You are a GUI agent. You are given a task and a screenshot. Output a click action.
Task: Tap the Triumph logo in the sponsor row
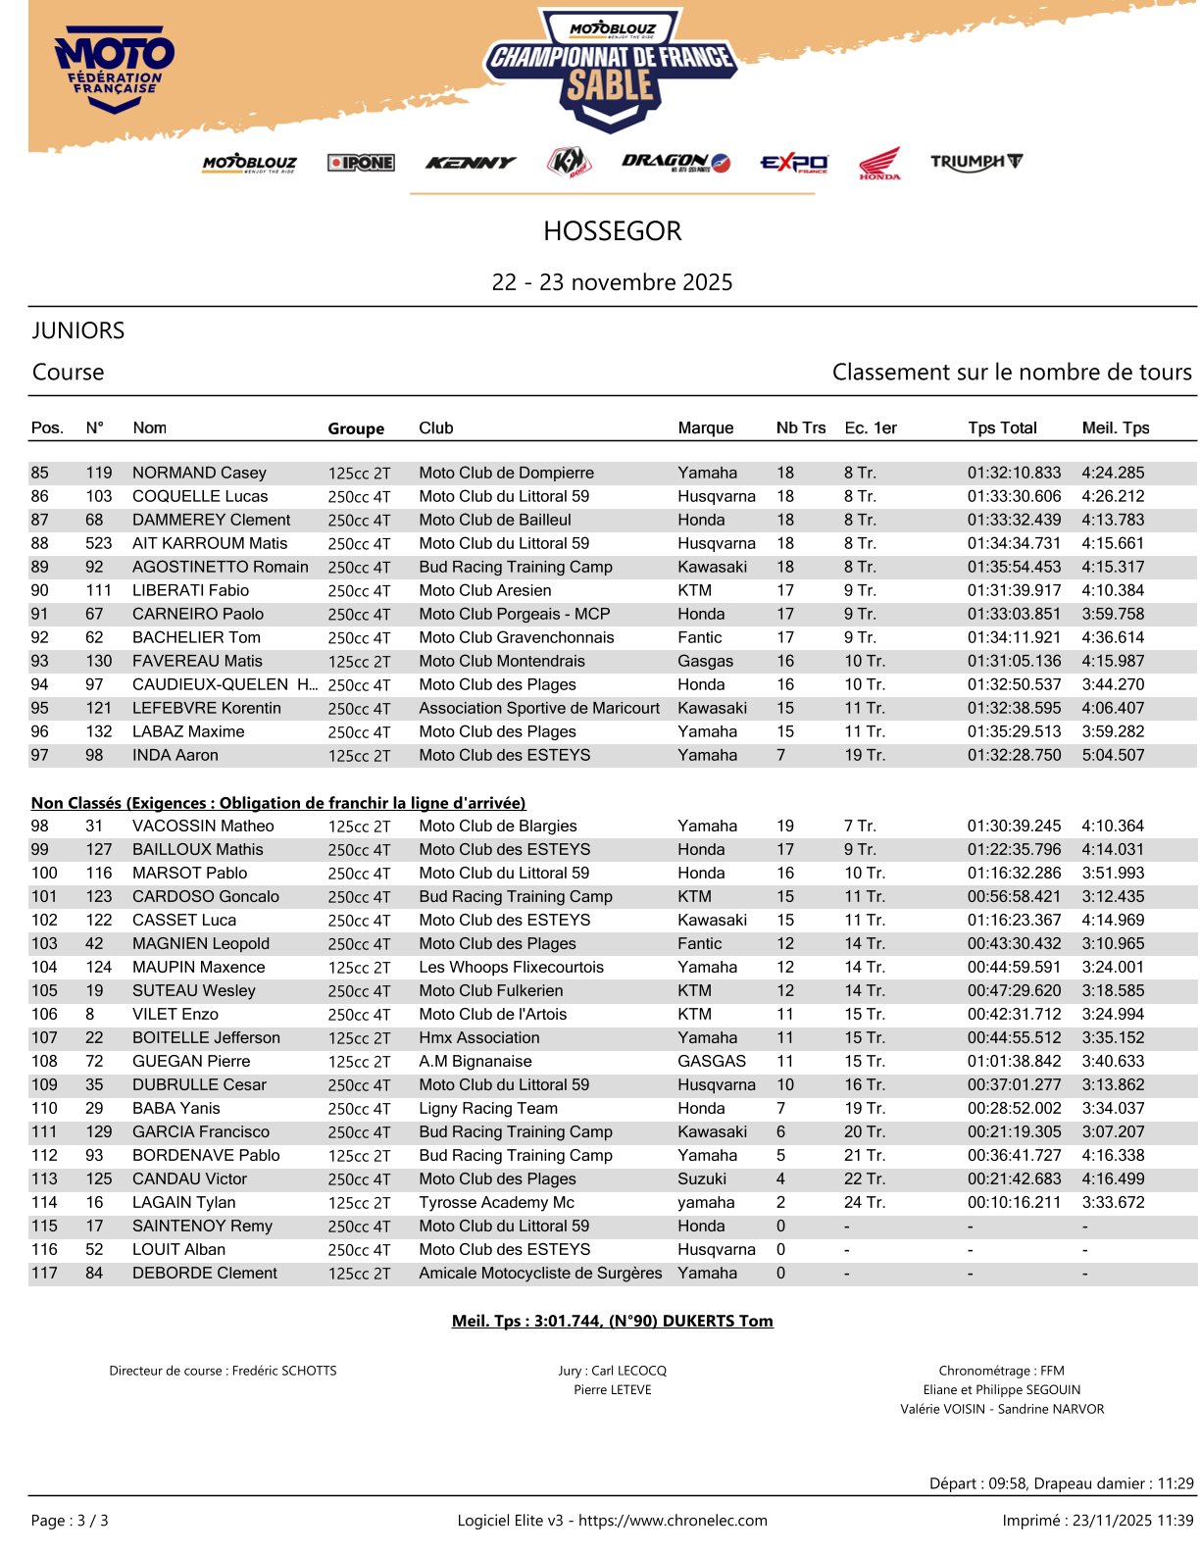coord(975,162)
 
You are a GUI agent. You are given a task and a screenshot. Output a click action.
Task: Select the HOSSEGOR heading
coord(612,231)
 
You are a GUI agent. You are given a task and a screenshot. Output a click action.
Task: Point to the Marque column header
coord(705,428)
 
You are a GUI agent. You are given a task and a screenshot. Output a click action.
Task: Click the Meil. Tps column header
coord(1115,428)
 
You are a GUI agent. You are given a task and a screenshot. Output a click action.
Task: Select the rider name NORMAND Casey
coord(199,473)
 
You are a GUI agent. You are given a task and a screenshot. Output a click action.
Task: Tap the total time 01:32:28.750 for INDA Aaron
coord(1014,755)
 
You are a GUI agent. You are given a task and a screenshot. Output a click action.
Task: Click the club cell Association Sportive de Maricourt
coord(539,708)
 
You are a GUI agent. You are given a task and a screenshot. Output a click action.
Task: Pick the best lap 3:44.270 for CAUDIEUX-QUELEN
coord(1113,684)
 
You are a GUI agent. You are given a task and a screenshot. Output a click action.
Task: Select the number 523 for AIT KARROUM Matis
coord(99,543)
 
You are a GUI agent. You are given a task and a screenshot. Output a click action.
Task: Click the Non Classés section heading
coord(278,803)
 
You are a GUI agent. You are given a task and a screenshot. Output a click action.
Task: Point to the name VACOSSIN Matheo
coord(203,826)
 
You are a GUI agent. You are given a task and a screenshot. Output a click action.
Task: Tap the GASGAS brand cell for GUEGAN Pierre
coord(712,1061)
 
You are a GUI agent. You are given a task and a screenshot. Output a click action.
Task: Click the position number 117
coord(44,1273)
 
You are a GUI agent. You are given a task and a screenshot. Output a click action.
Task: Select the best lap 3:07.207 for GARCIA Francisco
coord(1113,1131)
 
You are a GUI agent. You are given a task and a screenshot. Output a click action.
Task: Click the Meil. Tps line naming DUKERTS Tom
coord(612,1321)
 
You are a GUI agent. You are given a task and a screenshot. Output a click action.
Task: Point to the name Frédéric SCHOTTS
coord(284,1371)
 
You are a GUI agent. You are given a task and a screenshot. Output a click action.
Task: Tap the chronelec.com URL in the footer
coord(673,1521)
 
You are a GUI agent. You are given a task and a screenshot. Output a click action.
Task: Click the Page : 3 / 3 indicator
coord(70,1521)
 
